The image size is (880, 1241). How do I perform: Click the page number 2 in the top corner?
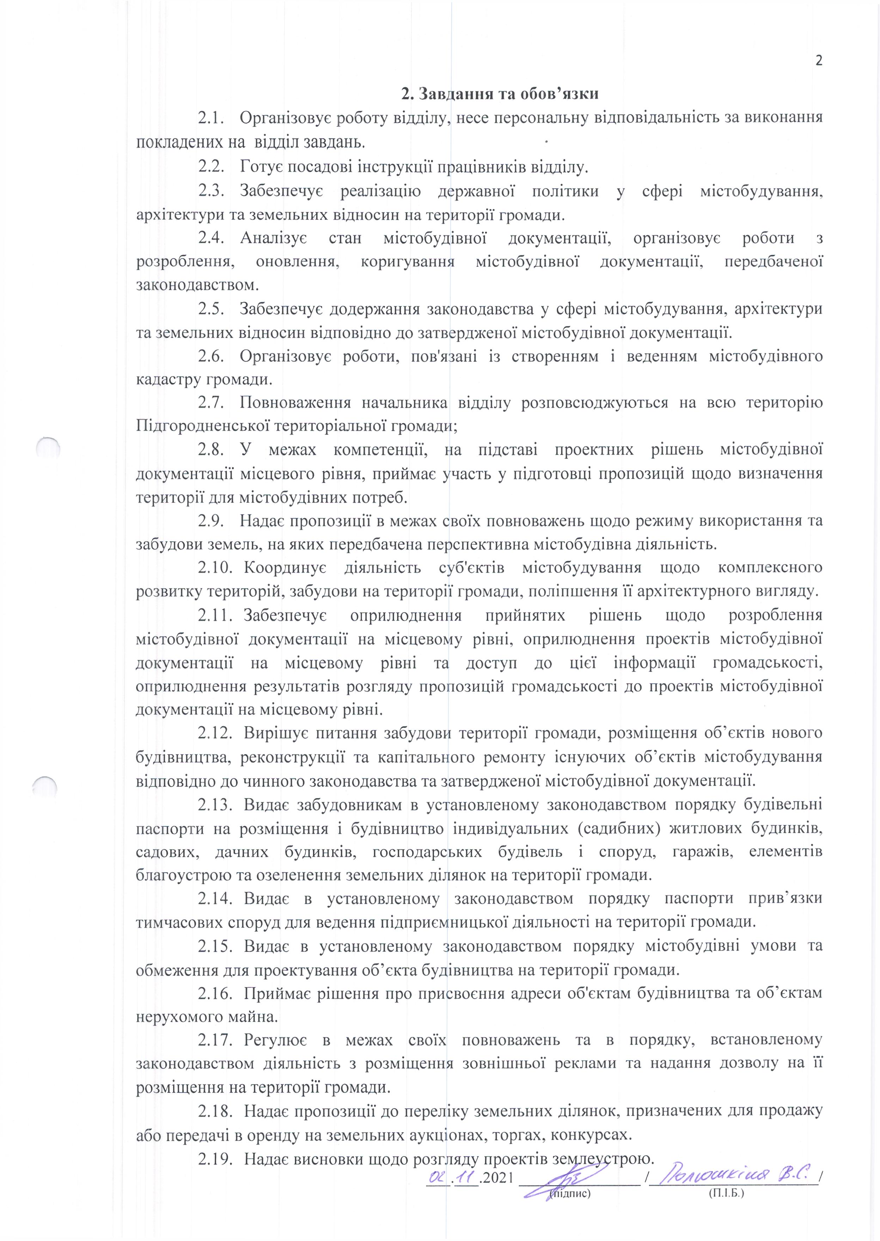[819, 60]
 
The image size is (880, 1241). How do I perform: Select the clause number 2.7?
[211, 403]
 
